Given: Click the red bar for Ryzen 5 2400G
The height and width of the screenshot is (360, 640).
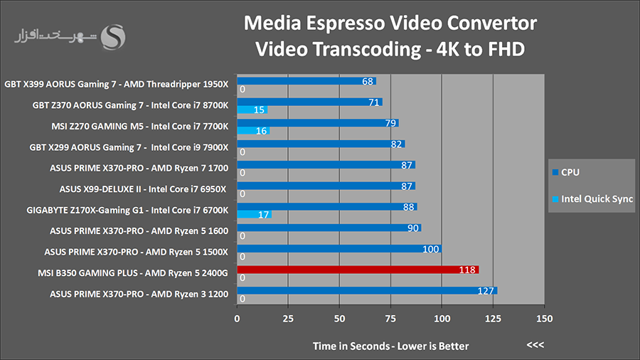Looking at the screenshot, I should [356, 270].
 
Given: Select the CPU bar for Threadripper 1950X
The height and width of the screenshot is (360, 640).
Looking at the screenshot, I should [306, 81].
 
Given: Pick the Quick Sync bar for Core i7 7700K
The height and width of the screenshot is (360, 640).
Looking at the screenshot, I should [253, 130].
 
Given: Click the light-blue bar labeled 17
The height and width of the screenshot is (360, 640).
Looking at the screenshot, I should [254, 213].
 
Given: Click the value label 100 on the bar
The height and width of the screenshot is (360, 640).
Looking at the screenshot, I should [431, 249].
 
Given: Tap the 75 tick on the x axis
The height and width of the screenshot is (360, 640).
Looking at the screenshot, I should [390, 319].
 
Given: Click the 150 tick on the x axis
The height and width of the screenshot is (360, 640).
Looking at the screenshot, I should [545, 319].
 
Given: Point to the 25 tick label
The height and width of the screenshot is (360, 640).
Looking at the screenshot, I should [288, 319].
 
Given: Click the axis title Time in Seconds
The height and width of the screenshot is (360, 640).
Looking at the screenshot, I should [390, 346].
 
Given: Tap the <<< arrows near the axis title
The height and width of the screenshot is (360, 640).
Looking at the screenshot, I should [535, 345].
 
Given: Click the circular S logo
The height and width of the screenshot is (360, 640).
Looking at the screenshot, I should [114, 37].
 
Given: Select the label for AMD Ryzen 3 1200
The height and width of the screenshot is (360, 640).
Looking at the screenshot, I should [139, 293].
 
